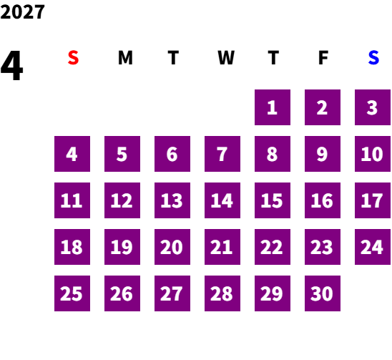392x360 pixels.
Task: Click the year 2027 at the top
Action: pyautogui.click(x=22, y=12)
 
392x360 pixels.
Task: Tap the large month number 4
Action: pyautogui.click(x=11, y=65)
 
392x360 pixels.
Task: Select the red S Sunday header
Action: pyautogui.click(x=73, y=57)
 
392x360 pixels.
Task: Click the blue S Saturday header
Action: pyautogui.click(x=373, y=57)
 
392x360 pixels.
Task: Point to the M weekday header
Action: pyautogui.click(x=125, y=57)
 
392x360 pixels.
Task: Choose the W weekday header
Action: pyautogui.click(x=226, y=57)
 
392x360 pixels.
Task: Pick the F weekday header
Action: pyautogui.click(x=323, y=57)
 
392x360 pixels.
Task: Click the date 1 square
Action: pyautogui.click(x=273, y=107)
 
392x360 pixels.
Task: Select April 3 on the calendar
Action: pyautogui.click(x=373, y=107)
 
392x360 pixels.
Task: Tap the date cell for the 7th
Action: pyautogui.click(x=222, y=154)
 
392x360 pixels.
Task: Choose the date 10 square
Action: pyautogui.click(x=373, y=154)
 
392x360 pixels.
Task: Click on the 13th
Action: pyautogui.click(x=172, y=200)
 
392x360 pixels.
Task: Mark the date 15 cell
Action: pyautogui.click(x=273, y=200)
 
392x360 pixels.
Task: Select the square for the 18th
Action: pyautogui.click(x=72, y=247)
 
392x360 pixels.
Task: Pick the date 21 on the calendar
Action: pyautogui.click(x=222, y=247)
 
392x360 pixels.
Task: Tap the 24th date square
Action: pyautogui.click(x=373, y=247)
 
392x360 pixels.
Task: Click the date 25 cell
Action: pyautogui.click(x=72, y=293)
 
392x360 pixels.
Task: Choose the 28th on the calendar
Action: pyautogui.click(x=222, y=293)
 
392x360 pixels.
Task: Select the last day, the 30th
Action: pyautogui.click(x=323, y=293)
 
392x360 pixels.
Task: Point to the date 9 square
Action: pyautogui.click(x=323, y=154)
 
